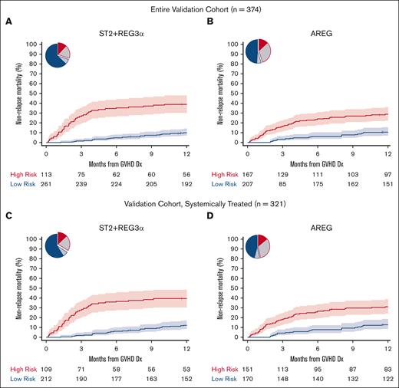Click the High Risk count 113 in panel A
[48, 174]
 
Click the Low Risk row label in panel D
[219, 379]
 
